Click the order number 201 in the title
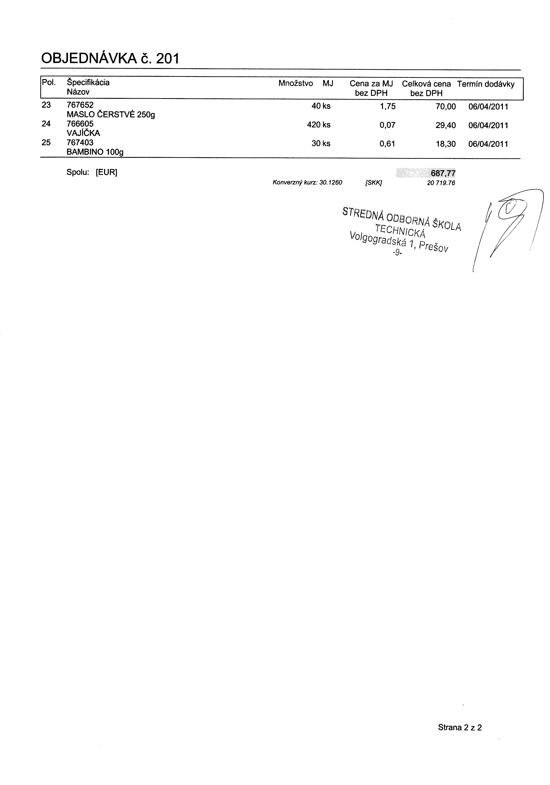(x=167, y=59)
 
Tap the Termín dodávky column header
(x=486, y=84)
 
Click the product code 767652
(x=80, y=105)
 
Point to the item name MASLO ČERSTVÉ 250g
(x=111, y=115)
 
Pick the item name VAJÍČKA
(x=83, y=133)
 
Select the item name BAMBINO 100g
(x=95, y=152)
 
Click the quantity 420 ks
(x=319, y=125)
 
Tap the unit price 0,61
(x=387, y=144)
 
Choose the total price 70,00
(x=446, y=107)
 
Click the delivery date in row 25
(x=488, y=144)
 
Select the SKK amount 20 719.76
(x=441, y=183)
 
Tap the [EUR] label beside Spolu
(x=106, y=172)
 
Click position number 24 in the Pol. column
(x=46, y=124)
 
